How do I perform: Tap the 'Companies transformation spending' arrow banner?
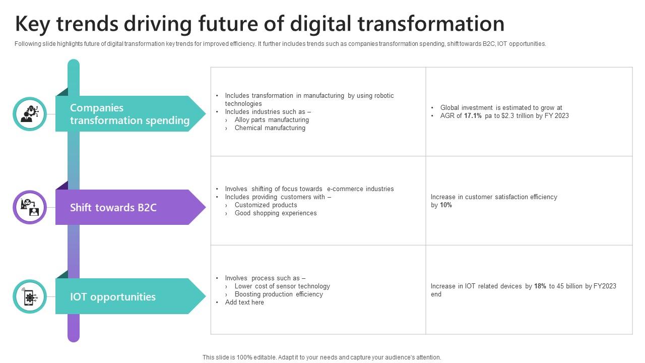point(130,114)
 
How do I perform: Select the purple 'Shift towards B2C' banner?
point(130,207)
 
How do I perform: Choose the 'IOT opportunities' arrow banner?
point(130,296)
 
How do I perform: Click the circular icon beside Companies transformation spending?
point(30,114)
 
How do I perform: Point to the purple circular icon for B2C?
point(30,207)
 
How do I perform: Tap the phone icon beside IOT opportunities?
point(30,296)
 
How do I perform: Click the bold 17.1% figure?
point(473,116)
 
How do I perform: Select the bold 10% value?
point(446,205)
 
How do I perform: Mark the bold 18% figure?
point(540,286)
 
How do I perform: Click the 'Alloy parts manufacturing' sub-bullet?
point(272,120)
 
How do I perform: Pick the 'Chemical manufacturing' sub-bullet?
point(270,128)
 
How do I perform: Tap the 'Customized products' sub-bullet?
point(266,205)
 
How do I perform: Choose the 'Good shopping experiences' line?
point(276,213)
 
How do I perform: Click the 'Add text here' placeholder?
point(244,302)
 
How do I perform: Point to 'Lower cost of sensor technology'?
point(282,286)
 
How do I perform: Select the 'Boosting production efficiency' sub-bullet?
point(279,294)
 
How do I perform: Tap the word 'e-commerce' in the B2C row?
point(345,189)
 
